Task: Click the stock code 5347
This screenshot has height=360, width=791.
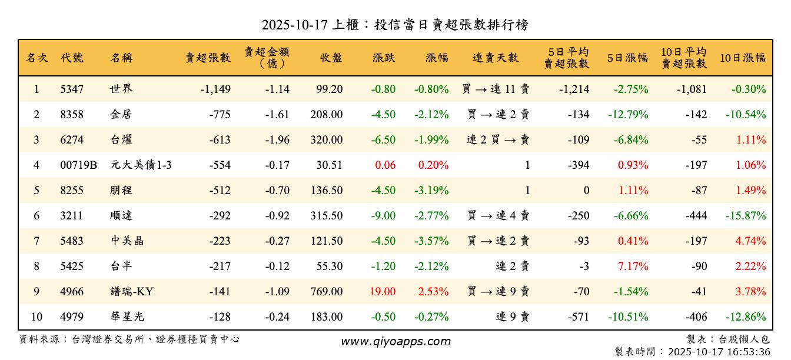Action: click(72, 89)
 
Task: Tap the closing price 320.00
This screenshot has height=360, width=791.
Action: click(326, 140)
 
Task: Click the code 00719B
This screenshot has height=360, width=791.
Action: click(78, 165)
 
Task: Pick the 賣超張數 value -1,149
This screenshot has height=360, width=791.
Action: click(215, 89)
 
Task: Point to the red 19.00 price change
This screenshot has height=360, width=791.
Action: click(383, 292)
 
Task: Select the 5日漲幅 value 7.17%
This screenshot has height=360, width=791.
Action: click(633, 266)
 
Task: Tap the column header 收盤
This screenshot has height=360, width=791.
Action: click(331, 58)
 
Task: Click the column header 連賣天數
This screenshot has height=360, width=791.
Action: click(496, 58)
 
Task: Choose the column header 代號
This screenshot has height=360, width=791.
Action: click(72, 58)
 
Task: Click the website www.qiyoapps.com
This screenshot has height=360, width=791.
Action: click(395, 341)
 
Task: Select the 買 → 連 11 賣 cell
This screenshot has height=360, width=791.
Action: click(496, 89)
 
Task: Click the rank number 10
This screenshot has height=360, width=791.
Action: click(36, 317)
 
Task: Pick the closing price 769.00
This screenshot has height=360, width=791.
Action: click(326, 292)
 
